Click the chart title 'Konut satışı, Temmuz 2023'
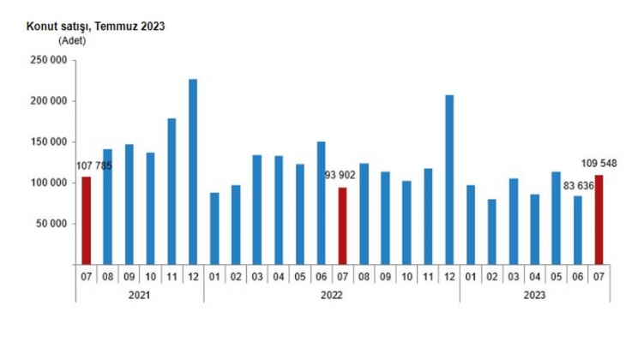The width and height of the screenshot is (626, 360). point(95,27)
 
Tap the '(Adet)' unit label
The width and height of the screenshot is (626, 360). point(72,41)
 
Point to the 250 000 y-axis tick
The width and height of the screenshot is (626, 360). point(49,61)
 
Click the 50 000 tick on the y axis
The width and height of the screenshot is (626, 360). point(51,225)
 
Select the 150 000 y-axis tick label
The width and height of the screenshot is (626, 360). point(49,142)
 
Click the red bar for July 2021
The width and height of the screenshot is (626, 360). point(87,221)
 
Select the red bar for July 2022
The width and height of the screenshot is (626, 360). point(342,226)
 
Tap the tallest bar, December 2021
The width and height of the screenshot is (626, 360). point(193,171)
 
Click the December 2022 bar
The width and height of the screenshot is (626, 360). point(449,180)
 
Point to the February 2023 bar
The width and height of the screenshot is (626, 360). point(492,232)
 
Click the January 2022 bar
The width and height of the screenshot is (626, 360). point(214,229)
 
